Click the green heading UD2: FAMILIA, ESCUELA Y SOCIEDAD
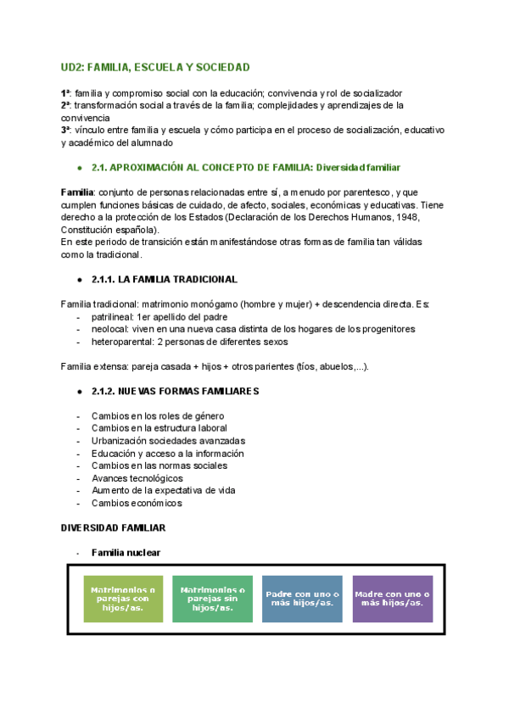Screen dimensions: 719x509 [155, 67]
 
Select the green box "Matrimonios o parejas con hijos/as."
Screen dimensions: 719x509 [123, 599]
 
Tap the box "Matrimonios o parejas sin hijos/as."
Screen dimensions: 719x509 [212, 599]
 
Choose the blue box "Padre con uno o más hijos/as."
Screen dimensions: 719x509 [303, 599]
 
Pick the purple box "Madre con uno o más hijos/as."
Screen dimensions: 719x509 [392, 599]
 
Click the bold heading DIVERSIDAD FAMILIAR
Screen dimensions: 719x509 [113, 527]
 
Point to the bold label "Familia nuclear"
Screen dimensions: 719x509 [126, 553]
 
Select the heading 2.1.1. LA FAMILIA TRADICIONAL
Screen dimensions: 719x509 [165, 279]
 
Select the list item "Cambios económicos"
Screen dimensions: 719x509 [137, 503]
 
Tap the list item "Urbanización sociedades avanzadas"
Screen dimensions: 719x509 [168, 441]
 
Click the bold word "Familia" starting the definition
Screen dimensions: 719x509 [77, 192]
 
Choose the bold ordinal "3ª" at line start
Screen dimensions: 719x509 [65, 131]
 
